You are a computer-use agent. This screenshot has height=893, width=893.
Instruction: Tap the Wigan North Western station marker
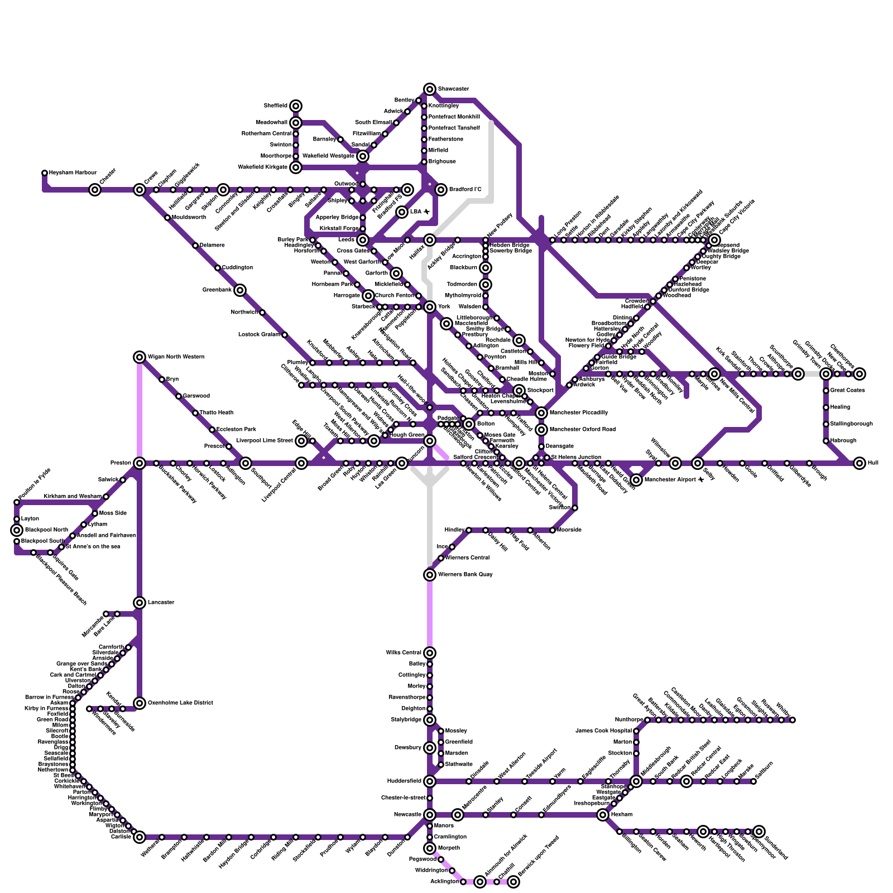(x=140, y=357)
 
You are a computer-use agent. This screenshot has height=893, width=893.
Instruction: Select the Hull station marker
(x=860, y=463)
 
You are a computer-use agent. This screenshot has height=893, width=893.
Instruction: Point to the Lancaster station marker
(x=140, y=603)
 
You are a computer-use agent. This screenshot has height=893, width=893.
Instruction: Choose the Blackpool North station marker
(x=17, y=530)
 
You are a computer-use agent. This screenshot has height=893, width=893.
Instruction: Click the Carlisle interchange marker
(x=140, y=837)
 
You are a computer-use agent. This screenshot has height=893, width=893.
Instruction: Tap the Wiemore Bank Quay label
(x=465, y=575)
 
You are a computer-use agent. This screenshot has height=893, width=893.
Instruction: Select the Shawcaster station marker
(x=430, y=89)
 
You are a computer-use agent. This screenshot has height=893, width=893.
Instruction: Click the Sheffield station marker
(x=296, y=106)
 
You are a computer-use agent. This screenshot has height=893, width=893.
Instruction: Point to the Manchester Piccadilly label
(x=579, y=413)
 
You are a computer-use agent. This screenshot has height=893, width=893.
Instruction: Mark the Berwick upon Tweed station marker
(x=513, y=882)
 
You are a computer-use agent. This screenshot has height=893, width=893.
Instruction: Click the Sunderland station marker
(x=759, y=832)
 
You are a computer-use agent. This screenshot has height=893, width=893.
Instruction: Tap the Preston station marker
(x=140, y=463)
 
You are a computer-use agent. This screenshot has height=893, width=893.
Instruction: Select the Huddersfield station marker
(x=430, y=781)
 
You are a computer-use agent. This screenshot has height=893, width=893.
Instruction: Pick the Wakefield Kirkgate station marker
(x=296, y=167)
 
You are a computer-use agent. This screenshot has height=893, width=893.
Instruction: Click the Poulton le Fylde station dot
(x=17, y=502)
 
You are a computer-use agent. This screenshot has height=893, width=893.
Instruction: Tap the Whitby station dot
(x=793, y=720)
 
